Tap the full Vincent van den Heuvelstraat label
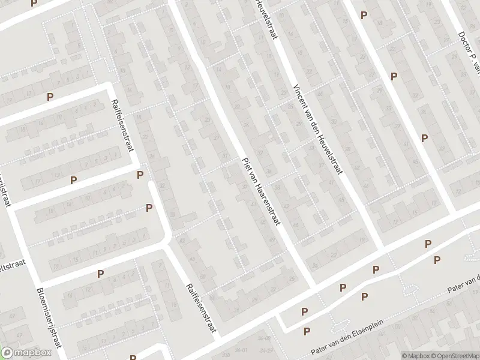click(317, 128)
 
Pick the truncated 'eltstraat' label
click(10, 266)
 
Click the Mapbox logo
click(26, 353)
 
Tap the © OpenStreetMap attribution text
click(454, 356)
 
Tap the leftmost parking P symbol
click(50, 97)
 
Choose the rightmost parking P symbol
click(437, 260)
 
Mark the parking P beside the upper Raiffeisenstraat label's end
click(140, 175)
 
